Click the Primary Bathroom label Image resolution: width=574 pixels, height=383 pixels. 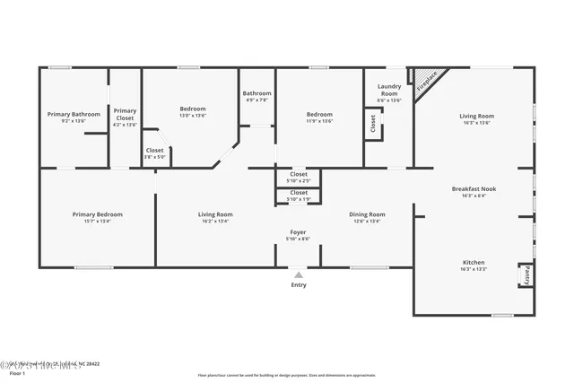[x=74, y=115]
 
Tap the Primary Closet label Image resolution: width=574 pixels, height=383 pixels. [x=125, y=114]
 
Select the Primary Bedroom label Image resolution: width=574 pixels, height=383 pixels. [x=98, y=214]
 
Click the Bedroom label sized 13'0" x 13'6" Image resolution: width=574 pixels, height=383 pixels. [x=193, y=109]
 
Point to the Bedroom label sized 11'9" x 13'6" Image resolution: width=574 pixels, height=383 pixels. [x=319, y=115]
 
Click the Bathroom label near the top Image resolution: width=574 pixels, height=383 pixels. [x=257, y=93]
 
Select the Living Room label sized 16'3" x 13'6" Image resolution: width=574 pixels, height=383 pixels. [x=476, y=116]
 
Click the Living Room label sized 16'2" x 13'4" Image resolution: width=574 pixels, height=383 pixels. [x=215, y=214]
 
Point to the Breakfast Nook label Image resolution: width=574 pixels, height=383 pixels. [x=474, y=189]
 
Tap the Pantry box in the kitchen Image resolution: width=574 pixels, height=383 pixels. [x=526, y=275]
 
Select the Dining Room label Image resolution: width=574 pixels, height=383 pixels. [x=367, y=214]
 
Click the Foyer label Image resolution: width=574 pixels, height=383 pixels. [x=298, y=232]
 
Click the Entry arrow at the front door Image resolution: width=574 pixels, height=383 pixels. [x=298, y=274]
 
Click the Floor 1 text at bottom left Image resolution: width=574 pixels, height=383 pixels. [x=18, y=372]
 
